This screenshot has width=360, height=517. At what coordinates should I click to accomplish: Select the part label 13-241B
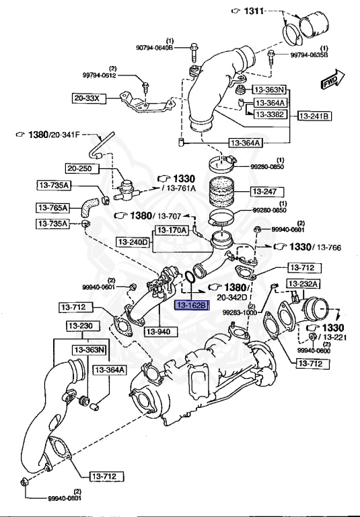click(x=315, y=116)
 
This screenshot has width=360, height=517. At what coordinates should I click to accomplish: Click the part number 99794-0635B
click(x=309, y=55)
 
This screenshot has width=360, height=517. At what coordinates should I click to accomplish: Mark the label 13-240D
click(x=132, y=241)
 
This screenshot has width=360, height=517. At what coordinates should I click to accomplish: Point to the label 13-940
click(x=164, y=331)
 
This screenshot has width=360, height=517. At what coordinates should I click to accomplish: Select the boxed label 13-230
click(x=82, y=326)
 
